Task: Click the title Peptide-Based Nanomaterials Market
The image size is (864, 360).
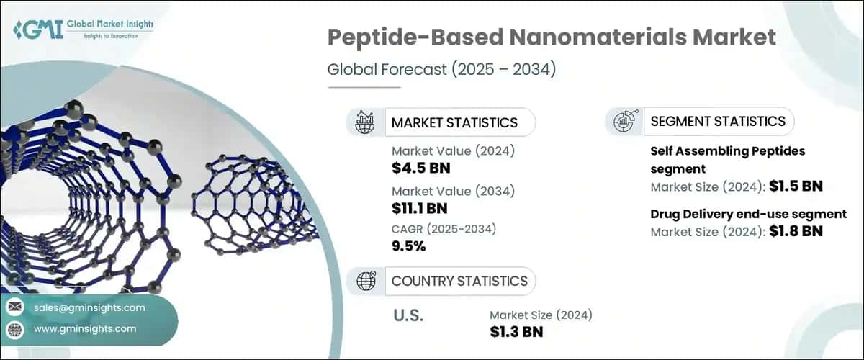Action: click(552, 38)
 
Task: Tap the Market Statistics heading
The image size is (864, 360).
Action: click(454, 122)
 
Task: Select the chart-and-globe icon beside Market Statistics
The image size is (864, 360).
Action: click(366, 122)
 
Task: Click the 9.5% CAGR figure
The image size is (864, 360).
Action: click(409, 246)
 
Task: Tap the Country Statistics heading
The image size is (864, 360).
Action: click(459, 281)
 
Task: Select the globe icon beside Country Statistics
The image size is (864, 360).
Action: click(366, 281)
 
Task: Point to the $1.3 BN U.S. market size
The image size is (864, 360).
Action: click(516, 331)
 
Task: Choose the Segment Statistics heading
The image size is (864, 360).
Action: click(718, 121)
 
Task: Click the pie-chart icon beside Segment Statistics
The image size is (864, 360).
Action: click(624, 122)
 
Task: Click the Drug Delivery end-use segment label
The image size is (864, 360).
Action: click(748, 214)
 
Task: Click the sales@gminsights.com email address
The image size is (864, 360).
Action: click(89, 307)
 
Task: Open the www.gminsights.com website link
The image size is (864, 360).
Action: click(85, 329)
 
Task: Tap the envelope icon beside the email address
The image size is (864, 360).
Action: click(15, 307)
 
